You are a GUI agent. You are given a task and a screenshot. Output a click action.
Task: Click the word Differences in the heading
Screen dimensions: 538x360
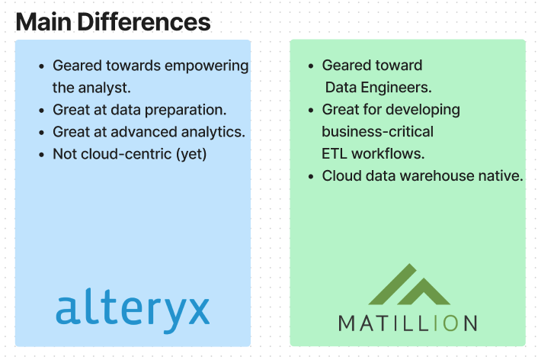(144, 21)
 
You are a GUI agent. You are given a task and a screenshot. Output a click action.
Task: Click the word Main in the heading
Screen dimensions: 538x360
(43, 21)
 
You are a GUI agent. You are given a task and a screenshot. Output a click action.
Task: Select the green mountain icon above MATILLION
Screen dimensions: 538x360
(409, 284)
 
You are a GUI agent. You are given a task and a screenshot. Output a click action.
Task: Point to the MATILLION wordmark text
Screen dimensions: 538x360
(408, 323)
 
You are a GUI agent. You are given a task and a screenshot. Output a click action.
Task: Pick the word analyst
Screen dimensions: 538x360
(104, 88)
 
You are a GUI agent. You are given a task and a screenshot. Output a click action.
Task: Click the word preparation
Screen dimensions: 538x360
(186, 110)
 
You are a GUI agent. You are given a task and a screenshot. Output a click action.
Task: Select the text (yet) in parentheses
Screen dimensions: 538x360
(191, 154)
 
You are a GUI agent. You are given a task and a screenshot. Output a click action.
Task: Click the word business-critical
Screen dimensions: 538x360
(377, 131)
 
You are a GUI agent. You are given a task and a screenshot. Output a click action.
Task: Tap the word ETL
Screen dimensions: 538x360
(335, 153)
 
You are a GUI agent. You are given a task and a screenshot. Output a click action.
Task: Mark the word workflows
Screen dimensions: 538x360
(388, 153)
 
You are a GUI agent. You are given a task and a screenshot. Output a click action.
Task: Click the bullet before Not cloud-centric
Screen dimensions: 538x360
(41, 155)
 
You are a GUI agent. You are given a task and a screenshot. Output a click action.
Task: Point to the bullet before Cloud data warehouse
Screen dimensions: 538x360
(311, 177)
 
